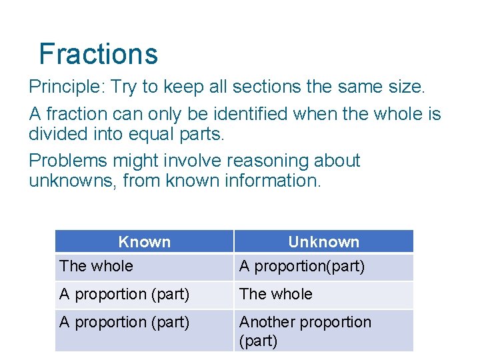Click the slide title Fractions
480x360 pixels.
[x=98, y=54]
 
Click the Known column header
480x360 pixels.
[x=144, y=241]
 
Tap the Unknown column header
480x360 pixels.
[x=323, y=241]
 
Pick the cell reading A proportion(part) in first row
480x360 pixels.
[x=302, y=267]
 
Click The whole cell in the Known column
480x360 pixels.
[x=96, y=267]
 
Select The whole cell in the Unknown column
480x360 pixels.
[x=275, y=294]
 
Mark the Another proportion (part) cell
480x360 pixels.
[x=305, y=331]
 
